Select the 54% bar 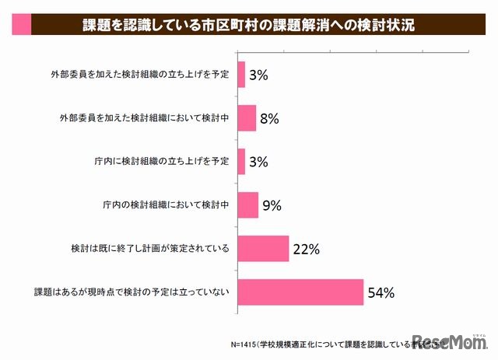[300, 292]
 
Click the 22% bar [262, 249]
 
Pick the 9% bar [247, 205]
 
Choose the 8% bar [246, 118]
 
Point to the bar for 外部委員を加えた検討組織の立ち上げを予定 [240, 75]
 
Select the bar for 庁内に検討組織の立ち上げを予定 [240, 162]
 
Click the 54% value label [382, 293]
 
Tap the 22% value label [307, 250]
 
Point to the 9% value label [272, 206]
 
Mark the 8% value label [269, 119]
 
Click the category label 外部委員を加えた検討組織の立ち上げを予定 [138, 75]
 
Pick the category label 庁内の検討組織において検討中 [166, 206]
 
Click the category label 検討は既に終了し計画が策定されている [149, 250]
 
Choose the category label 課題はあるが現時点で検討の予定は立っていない [132, 293]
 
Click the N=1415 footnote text [327, 342]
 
